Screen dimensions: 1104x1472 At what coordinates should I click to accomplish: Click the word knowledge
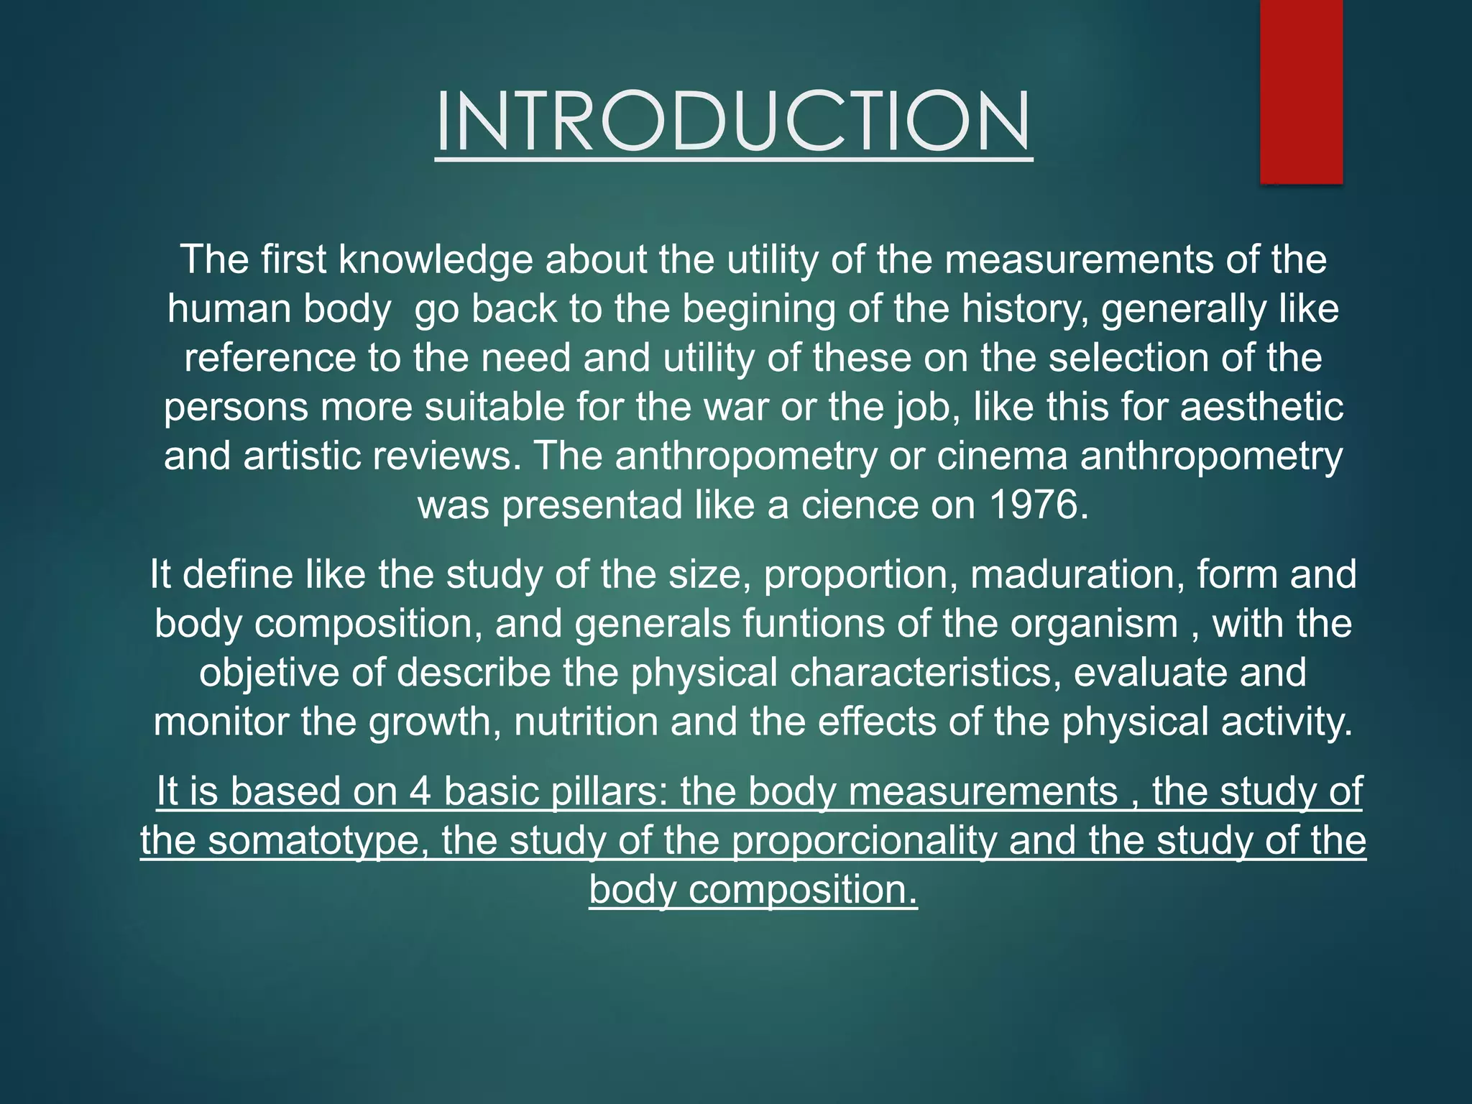tap(436, 259)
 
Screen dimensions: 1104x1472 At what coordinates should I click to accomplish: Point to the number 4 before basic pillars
tap(420, 791)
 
